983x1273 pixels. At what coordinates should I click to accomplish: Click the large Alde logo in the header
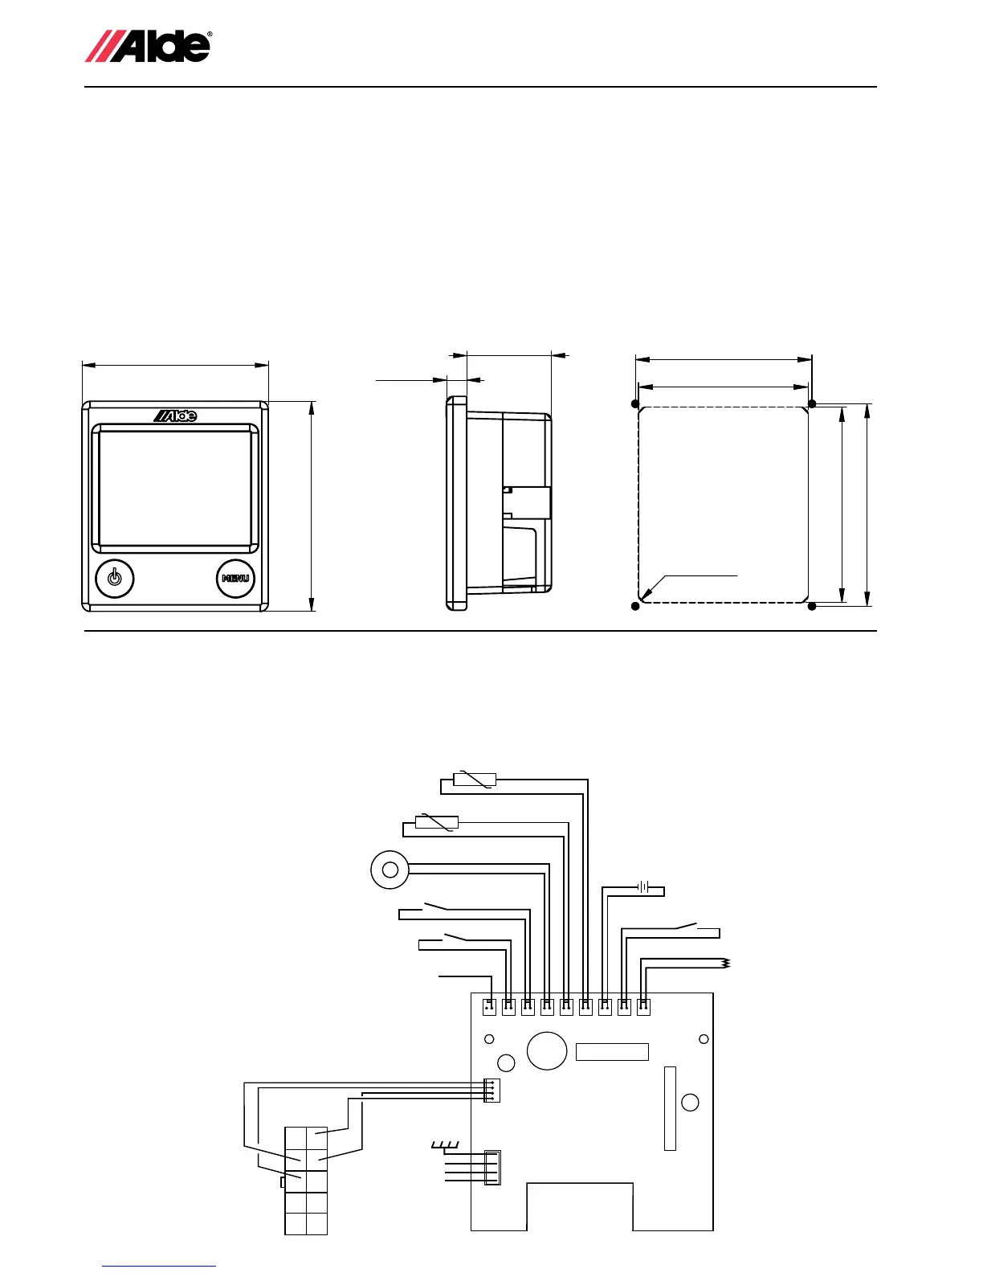[149, 46]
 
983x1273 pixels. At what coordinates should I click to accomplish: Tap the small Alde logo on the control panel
[175, 415]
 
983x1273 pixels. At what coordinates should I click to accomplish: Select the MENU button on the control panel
[235, 579]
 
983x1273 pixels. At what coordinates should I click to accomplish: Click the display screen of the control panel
[175, 487]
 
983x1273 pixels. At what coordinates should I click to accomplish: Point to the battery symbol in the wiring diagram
[643, 887]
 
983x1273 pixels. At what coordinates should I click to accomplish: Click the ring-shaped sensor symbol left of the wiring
[390, 870]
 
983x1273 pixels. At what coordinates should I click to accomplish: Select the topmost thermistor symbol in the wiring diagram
[475, 779]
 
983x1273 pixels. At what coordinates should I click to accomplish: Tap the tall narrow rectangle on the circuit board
[671, 1108]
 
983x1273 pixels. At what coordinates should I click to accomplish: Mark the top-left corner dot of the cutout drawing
[636, 403]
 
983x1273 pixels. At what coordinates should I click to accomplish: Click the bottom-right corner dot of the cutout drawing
[812, 606]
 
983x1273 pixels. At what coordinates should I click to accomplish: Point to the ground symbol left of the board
[445, 1144]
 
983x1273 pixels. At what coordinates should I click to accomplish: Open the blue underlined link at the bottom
[159, 1267]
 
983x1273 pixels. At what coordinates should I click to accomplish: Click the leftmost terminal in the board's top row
[488, 1005]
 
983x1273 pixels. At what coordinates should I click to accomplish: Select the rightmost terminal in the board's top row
[643, 1005]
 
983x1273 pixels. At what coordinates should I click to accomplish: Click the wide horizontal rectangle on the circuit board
[612, 1052]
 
